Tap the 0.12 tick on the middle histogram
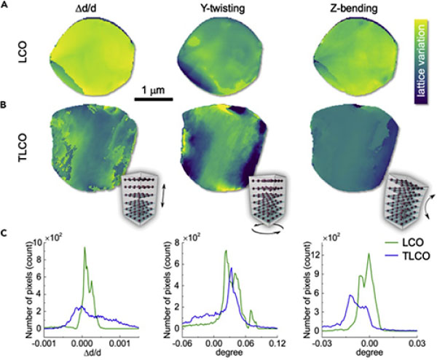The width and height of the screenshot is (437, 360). [276, 341]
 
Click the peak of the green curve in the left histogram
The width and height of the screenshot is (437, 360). [84, 248]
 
